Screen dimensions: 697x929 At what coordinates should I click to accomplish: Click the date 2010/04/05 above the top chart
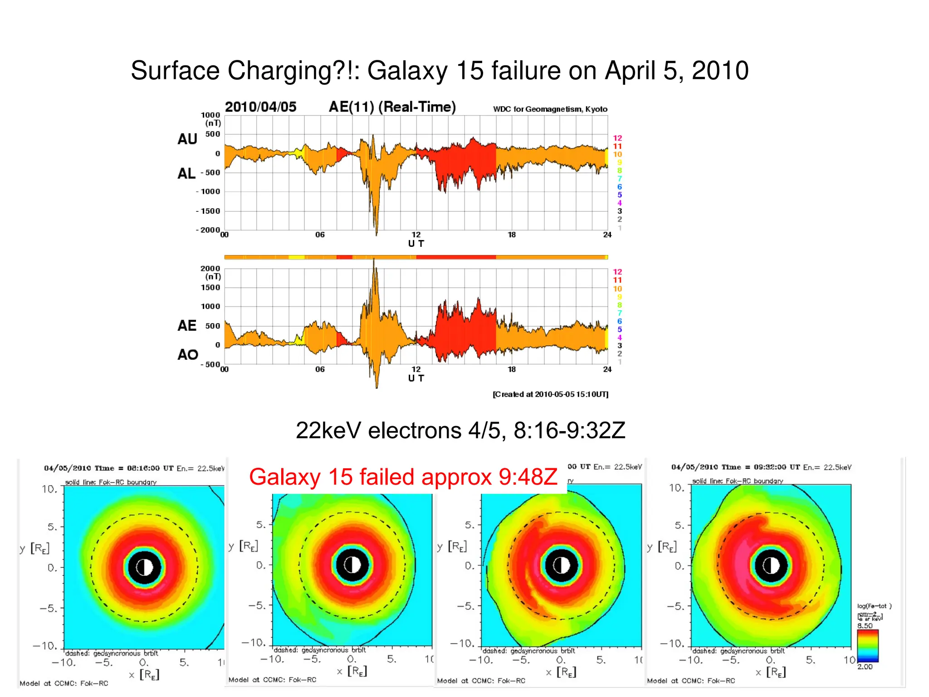pos(260,107)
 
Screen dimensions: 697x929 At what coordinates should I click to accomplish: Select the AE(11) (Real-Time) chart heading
pos(392,107)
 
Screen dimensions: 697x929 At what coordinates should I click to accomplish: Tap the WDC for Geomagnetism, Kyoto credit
pos(550,109)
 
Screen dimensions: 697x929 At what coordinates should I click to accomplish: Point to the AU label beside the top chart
pos(187,139)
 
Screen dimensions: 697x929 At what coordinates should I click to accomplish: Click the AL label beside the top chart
pos(186,173)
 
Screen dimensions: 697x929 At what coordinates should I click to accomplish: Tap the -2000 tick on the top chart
pos(208,230)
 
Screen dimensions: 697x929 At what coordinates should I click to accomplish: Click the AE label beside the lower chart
pos(187,325)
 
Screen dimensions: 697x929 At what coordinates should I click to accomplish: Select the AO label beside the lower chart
pos(188,354)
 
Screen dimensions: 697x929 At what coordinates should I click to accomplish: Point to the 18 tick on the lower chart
pos(512,369)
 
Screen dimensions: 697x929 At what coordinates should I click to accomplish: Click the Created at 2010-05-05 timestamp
pos(550,394)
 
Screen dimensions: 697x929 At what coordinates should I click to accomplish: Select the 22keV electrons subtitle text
pos(460,430)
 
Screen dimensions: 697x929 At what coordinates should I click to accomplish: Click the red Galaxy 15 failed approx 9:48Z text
pos(403,477)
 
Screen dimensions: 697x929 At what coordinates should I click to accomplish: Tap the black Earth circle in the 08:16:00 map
pos(144,567)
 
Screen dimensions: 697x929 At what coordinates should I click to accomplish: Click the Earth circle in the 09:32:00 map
pos(771,565)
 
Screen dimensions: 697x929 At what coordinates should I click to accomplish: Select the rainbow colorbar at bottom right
pos(867,646)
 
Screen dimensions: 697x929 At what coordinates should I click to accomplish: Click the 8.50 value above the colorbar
pos(865,626)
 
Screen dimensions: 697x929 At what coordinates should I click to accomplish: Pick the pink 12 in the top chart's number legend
pos(617,138)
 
